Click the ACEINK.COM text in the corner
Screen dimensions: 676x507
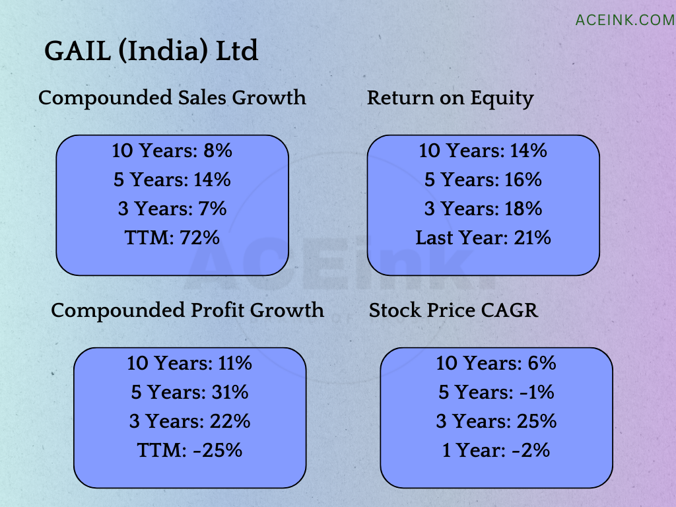(625, 20)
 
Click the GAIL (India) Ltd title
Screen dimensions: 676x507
(151, 51)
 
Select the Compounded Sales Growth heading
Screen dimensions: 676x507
(172, 98)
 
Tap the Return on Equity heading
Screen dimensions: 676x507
(450, 98)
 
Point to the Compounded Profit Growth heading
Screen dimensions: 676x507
(187, 310)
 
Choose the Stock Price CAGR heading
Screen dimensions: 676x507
(454, 310)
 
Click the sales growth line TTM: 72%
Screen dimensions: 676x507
(172, 238)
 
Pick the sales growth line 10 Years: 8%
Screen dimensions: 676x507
(172, 151)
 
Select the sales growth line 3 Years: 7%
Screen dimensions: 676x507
(172, 209)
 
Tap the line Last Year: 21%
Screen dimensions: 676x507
(483, 238)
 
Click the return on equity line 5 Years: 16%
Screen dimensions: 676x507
(483, 180)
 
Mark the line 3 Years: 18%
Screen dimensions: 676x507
(483, 209)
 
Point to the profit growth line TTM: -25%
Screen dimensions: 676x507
(189, 450)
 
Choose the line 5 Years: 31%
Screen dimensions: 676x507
(189, 392)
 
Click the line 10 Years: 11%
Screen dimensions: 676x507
(189, 363)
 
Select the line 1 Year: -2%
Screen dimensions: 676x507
(496, 450)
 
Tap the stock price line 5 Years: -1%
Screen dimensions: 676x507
(496, 392)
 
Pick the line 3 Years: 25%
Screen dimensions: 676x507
(496, 421)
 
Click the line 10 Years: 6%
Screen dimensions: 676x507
(496, 363)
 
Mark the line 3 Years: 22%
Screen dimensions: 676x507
(189, 421)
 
